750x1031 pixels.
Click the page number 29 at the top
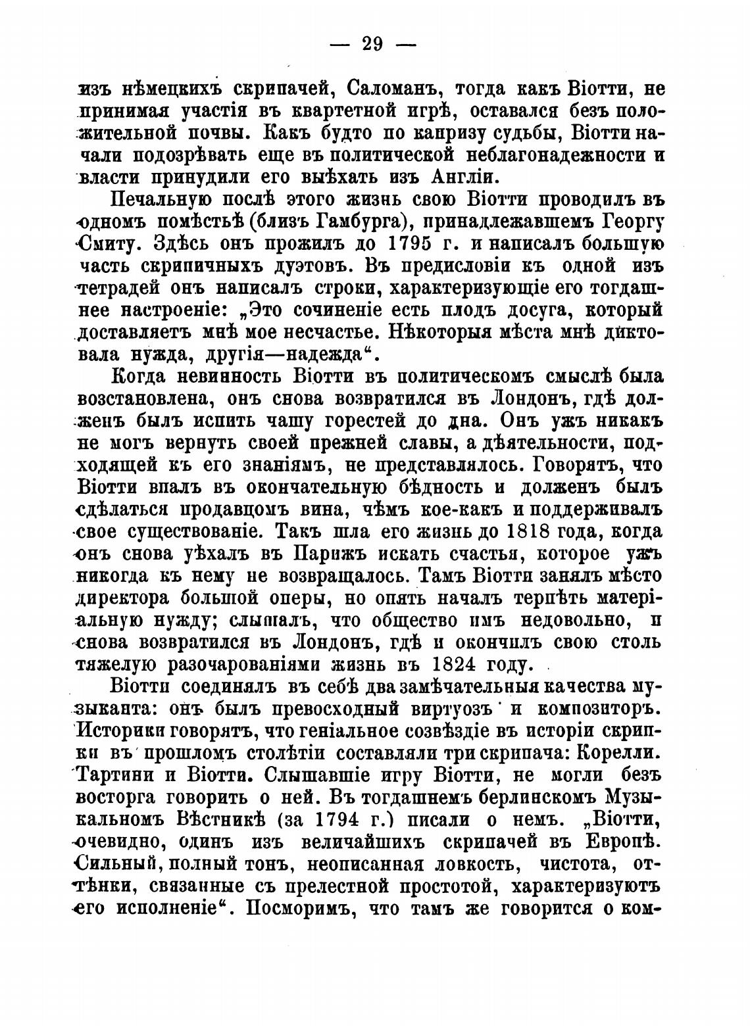point(372,44)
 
